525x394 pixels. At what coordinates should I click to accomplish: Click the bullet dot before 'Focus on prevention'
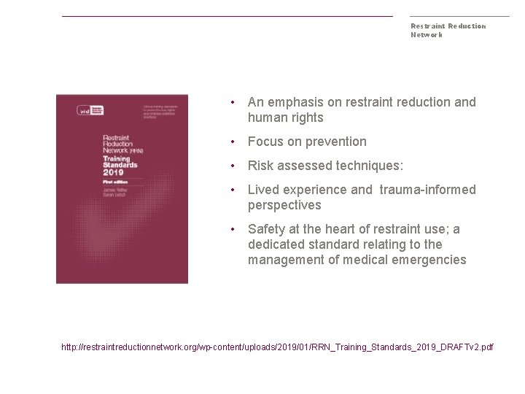coord(231,142)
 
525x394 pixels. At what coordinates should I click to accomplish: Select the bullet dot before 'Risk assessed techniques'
coord(231,166)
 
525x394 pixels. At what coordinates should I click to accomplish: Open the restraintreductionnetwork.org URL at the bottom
coord(277,347)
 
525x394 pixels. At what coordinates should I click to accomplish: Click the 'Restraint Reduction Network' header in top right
coord(448,30)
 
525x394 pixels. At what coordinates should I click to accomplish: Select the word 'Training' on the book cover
coord(117,158)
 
